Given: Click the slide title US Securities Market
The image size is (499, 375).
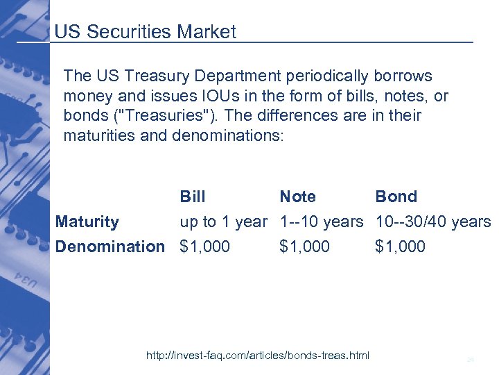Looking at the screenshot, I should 145,32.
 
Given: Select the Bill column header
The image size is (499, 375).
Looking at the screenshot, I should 193,197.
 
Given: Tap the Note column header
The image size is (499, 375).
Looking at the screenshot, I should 297,197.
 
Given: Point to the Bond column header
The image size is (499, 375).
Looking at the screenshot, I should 396,197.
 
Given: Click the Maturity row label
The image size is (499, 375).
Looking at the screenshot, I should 87,222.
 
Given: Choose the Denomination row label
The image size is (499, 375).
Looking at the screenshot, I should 110,247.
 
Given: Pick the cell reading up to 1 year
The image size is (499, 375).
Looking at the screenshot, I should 223,222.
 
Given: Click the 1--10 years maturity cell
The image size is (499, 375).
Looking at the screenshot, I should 321,222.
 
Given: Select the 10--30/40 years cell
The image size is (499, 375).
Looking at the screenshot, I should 432,222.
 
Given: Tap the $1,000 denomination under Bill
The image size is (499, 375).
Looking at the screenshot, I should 204,247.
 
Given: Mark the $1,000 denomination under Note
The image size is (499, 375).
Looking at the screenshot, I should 305,247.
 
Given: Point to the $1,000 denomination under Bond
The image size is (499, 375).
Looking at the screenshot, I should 400,247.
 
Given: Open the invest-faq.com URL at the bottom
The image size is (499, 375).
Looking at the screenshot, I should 258,356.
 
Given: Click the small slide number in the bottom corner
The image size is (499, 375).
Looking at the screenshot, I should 470,359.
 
